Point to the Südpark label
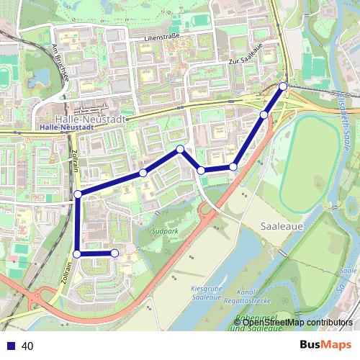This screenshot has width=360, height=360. pos(165,233)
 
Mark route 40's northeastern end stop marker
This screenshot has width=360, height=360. pos(282,86)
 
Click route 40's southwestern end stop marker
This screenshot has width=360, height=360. pos(114,253)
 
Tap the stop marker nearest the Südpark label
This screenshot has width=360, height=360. pos(114,253)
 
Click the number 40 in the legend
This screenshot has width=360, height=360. pos(28,346)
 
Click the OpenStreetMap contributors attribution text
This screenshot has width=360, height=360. pos(297,322)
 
